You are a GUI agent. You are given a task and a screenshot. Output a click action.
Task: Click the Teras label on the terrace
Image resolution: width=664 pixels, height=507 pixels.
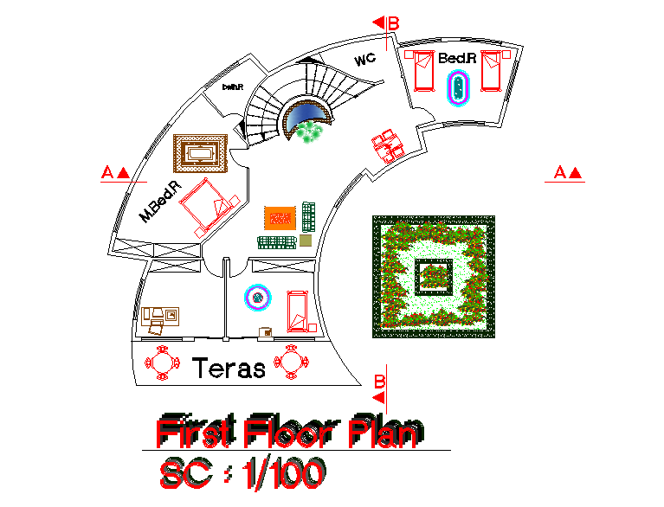click(x=229, y=369)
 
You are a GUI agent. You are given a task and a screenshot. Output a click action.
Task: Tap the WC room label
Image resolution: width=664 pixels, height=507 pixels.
click(x=364, y=61)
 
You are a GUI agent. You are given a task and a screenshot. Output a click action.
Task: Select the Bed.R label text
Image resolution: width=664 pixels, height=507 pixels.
click(x=457, y=58)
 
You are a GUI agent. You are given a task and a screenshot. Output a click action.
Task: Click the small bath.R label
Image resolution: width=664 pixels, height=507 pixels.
click(x=232, y=87)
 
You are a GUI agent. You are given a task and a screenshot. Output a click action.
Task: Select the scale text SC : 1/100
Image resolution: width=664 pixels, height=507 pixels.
click(x=242, y=473)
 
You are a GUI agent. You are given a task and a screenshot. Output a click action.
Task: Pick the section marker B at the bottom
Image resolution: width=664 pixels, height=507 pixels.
click(x=379, y=381)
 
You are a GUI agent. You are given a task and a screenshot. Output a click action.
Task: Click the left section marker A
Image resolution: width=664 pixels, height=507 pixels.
click(x=115, y=172)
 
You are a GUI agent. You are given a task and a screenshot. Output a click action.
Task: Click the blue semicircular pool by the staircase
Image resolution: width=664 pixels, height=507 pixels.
click(x=309, y=112)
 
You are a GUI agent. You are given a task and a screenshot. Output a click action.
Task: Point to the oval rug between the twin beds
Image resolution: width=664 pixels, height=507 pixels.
click(x=458, y=87)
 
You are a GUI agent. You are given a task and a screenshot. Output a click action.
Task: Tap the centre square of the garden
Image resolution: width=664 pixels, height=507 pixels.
click(x=434, y=276)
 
